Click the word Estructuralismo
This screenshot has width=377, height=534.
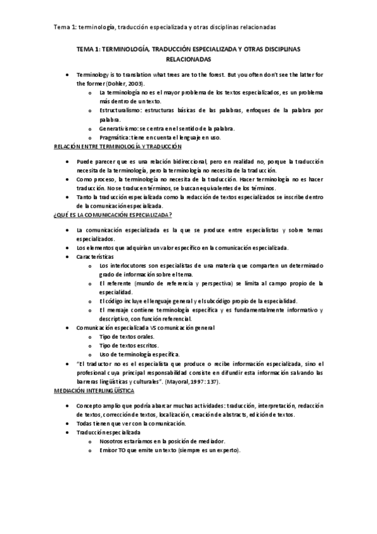120,110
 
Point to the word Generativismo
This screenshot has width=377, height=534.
119,128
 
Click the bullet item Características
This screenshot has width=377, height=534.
95,258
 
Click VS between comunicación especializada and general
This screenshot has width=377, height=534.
150,327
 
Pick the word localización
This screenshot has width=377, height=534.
167,415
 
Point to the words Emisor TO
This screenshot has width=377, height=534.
114,451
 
